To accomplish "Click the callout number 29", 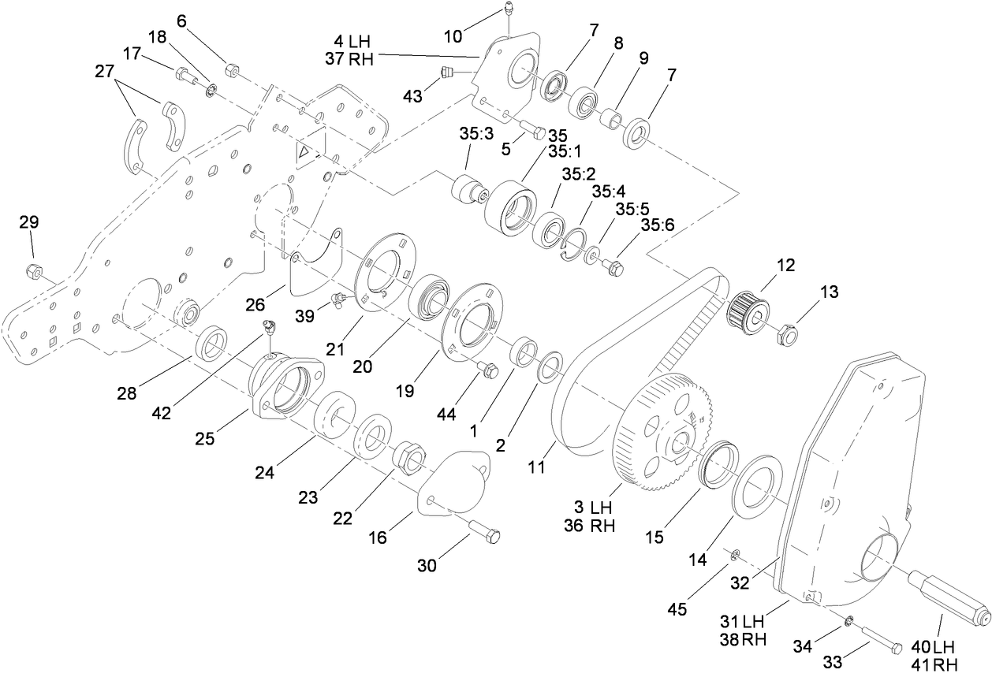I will (x=28, y=222).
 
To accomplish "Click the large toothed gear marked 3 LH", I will (x=661, y=433).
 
